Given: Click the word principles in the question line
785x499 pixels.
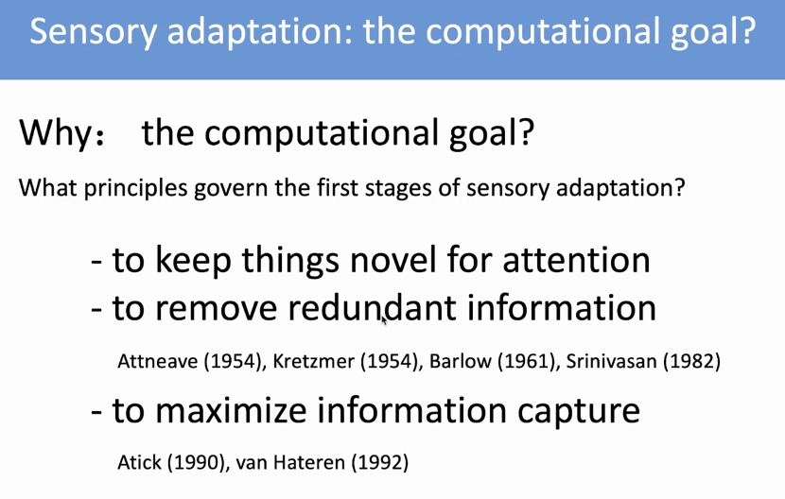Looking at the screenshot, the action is pyautogui.click(x=135, y=189).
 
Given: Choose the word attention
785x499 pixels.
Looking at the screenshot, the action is pyautogui.click(x=576, y=260).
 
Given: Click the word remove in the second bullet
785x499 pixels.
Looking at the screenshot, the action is pyautogui.click(x=217, y=309).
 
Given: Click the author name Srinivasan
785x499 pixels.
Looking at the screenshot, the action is pyautogui.click(x=611, y=361).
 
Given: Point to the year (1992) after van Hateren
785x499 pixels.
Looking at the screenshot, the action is pyautogui.click(x=380, y=462).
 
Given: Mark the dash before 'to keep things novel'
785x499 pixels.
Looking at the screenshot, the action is pyautogui.click(x=96, y=262).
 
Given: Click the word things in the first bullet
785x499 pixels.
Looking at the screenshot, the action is pyautogui.click(x=290, y=261).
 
